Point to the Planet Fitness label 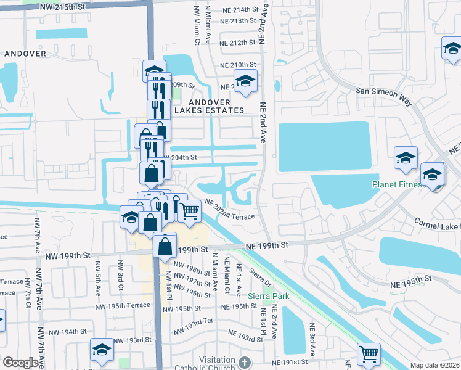coord(398,184)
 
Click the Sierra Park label coord(268,296)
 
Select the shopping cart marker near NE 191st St coord(369,354)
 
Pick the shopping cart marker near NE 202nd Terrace coord(190,210)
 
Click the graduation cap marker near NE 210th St coord(245,81)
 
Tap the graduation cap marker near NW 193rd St coord(102,350)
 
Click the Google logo coord(20,363)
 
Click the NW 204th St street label coord(181,158)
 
